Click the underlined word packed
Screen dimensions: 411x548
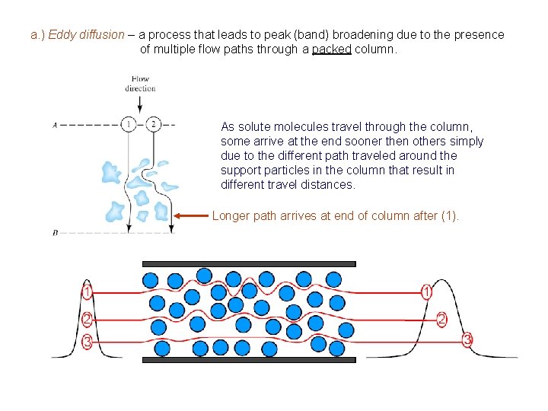click(331, 49)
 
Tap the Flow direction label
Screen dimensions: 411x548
click(140, 83)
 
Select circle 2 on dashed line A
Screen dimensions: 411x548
click(153, 124)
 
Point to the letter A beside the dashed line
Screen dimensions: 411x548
click(56, 125)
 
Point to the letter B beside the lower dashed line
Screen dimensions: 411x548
click(56, 233)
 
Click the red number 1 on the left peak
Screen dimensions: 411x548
click(88, 292)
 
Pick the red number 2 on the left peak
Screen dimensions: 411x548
click(88, 319)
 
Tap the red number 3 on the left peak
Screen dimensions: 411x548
click(88, 342)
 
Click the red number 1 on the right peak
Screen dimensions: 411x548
click(427, 292)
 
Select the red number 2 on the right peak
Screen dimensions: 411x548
click(442, 319)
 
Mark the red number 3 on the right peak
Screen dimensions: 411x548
click(467, 339)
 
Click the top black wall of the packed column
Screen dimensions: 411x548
click(249, 264)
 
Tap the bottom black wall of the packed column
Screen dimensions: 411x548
click(249, 360)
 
